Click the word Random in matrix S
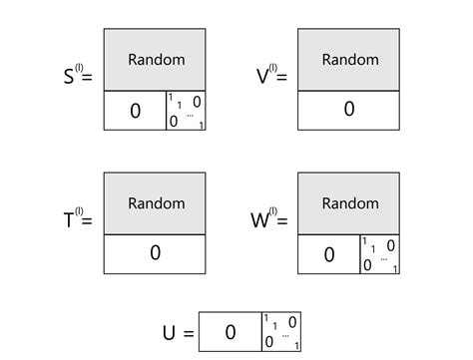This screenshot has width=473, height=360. click(156, 60)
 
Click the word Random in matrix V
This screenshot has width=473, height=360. click(349, 60)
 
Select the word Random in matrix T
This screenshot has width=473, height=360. click(156, 203)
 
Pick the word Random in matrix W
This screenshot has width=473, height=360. click(349, 203)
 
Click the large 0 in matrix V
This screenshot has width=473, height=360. click(349, 110)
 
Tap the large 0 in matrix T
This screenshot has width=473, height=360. click(156, 253)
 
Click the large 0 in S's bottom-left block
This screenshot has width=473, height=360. click(136, 111)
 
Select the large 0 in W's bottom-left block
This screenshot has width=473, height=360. click(329, 254)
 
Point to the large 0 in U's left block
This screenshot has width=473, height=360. click(230, 331)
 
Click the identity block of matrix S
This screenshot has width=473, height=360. click(187, 111)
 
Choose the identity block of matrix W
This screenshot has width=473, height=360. click(380, 254)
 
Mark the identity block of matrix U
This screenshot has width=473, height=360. click(280, 331)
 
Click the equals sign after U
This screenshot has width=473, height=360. click(187, 331)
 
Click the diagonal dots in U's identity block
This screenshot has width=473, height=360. click(284, 335)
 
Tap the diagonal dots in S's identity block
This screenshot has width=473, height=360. click(189, 116)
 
